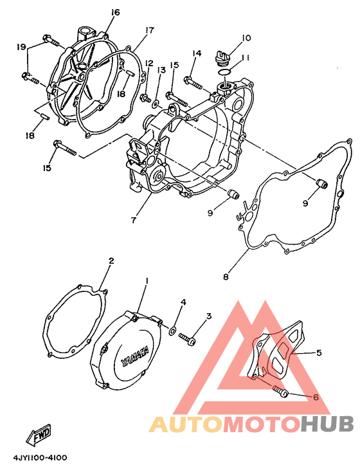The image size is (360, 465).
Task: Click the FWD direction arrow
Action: coord(39,434)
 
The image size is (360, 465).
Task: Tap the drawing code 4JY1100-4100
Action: coord(40,457)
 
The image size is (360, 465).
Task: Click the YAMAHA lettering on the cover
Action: coord(135,356)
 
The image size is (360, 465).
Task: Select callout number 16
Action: coord(115,12)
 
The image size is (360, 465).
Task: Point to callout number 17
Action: coord(150,30)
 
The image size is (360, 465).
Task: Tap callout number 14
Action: coord(196,53)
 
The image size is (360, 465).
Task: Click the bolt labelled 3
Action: coord(187,338)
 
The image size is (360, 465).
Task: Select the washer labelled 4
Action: coord(172,331)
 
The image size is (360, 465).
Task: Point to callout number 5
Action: coord(319,352)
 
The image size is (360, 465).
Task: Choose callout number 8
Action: coord(226,277)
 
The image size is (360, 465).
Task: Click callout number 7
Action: coord(133,221)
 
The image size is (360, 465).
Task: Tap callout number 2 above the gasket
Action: coord(111,260)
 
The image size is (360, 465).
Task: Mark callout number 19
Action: coord(21,47)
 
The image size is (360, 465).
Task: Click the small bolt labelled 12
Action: coord(145,97)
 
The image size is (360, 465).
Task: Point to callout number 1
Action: coord(146,280)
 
